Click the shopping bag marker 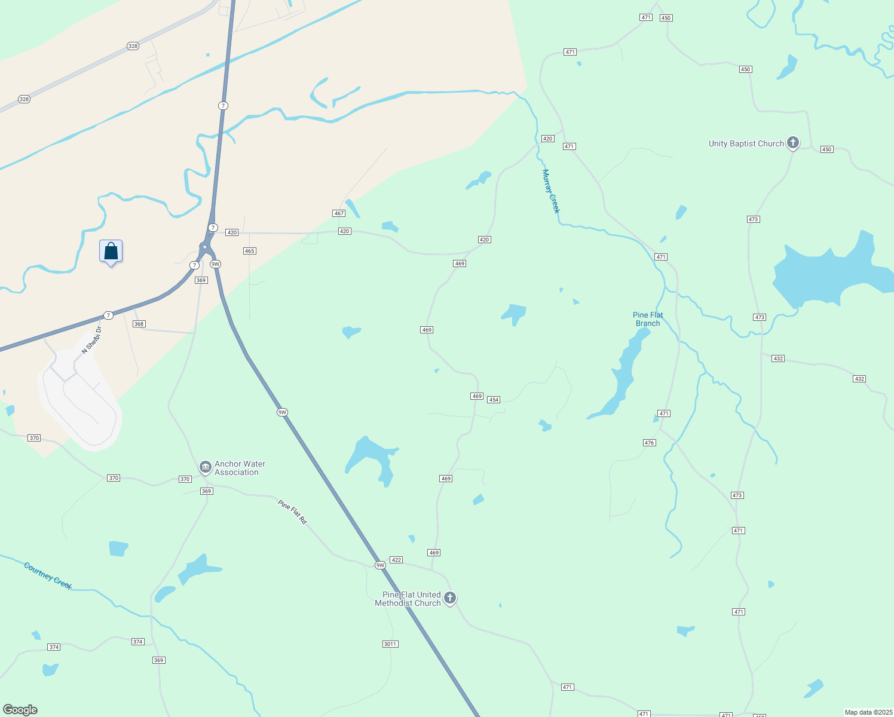[111, 252]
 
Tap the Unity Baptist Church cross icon [793, 143]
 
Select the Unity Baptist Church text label [746, 143]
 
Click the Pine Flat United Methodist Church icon [450, 597]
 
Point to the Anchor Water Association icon [205, 467]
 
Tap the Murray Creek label [550, 191]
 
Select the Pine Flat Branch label [648, 319]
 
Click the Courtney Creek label [48, 575]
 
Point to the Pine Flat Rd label [292, 513]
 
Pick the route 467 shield [339, 213]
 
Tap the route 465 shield [250, 251]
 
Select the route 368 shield [139, 324]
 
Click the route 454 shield [494, 400]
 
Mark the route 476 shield [650, 443]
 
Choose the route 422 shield [396, 560]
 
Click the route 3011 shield [390, 644]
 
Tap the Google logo [20, 710]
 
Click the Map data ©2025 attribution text [868, 712]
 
